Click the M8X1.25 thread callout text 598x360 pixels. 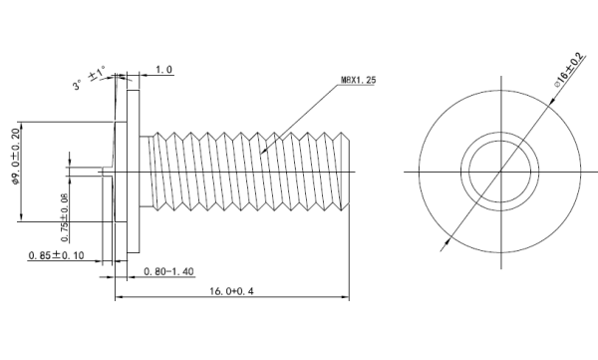pos(358,80)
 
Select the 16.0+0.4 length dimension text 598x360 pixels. pos(231,291)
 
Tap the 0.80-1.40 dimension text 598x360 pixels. pos(169,271)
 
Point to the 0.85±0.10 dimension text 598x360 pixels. pos(56,255)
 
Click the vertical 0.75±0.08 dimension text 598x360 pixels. pos(65,217)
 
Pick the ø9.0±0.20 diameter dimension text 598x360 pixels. pos(16,157)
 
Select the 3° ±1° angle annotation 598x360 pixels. pos(90,78)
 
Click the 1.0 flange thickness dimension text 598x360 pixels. pos(164,70)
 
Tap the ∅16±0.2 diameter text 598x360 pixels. pos(569,70)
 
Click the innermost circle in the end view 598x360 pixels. pos(469,172)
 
